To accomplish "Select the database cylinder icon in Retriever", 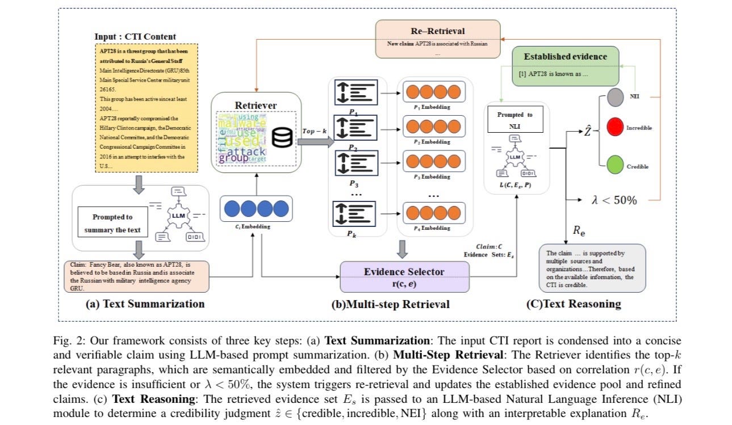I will [282, 137].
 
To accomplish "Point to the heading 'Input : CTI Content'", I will [135, 36].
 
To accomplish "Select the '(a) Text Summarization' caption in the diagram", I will [145, 304].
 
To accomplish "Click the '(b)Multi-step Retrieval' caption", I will [390, 304].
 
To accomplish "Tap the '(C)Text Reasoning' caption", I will [574, 304].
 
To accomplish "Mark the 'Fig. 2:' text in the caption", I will [68, 341].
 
